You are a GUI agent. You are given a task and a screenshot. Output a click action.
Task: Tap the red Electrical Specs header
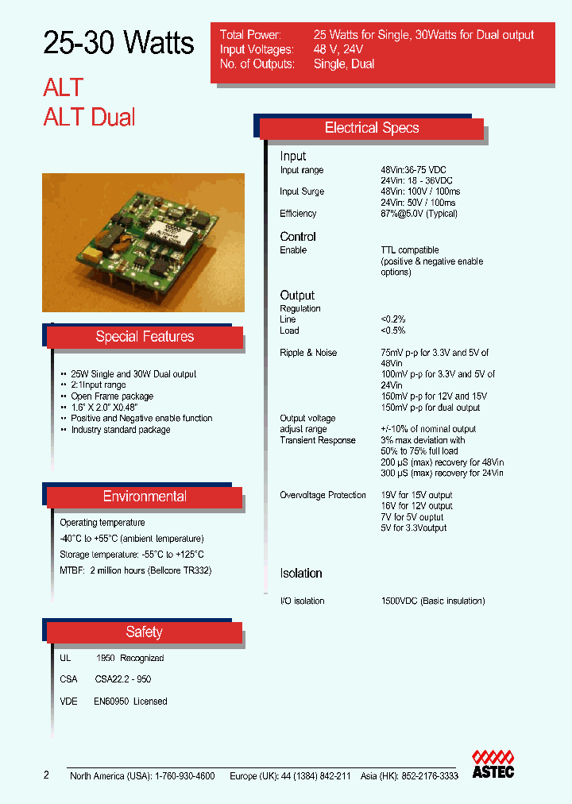coord(372,129)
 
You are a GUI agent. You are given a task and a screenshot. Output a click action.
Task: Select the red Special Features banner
coord(145,337)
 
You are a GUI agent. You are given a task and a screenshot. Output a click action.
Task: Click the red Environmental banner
coord(145,497)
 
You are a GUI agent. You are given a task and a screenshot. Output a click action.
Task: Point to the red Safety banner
coord(144,632)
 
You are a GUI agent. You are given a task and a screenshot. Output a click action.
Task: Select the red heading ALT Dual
coord(89,118)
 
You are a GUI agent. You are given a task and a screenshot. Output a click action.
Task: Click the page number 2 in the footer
coord(46,775)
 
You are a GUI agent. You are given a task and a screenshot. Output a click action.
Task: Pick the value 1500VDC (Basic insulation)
coord(433,601)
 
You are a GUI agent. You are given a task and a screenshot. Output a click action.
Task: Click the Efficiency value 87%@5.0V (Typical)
coord(419,214)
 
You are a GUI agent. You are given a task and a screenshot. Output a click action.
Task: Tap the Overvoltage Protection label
coord(323,495)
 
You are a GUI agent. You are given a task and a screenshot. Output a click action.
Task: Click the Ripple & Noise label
coord(308,353)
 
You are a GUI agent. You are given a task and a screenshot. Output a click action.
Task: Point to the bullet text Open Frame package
coord(112,396)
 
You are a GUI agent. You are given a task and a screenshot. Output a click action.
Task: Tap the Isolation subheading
coord(301,574)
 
